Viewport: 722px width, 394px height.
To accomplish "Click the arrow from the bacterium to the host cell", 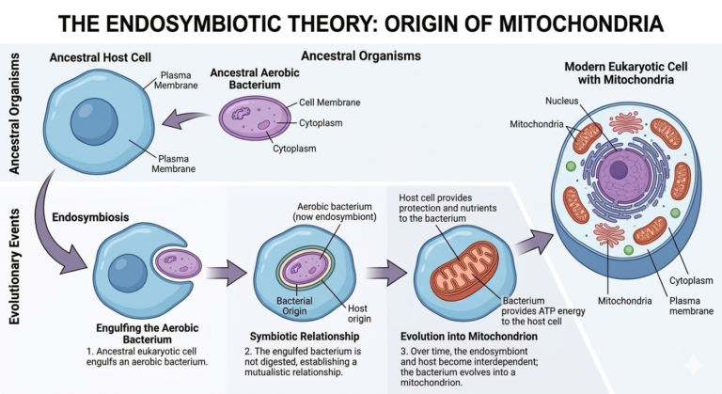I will click(187, 121).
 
